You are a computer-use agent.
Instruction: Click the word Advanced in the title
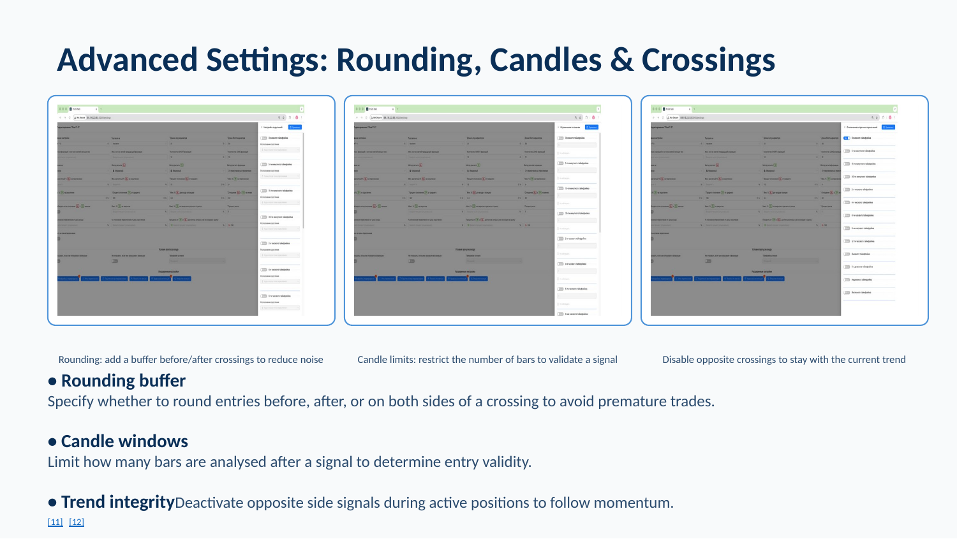pos(127,60)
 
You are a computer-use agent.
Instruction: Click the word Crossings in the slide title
pos(708,60)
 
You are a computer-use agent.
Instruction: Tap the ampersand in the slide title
pos(621,60)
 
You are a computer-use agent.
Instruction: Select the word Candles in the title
pos(545,60)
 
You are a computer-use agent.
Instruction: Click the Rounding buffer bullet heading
pos(122,381)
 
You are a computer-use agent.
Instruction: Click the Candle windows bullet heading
pos(124,441)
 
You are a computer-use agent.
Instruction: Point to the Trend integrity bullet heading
pos(117,502)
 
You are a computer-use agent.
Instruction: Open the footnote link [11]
pos(56,522)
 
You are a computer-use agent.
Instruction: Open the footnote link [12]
pos(77,522)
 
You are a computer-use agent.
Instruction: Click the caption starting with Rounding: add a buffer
pos(191,360)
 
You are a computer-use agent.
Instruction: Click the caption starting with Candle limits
pos(487,360)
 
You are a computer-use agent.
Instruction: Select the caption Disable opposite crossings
pos(783,360)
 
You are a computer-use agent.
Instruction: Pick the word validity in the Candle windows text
pos(505,462)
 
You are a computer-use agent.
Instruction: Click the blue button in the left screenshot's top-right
pos(295,127)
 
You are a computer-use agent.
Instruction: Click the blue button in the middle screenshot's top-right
pos(591,127)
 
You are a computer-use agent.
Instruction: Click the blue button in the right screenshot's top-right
pos(888,127)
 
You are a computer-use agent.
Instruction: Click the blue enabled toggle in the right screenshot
pos(847,138)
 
